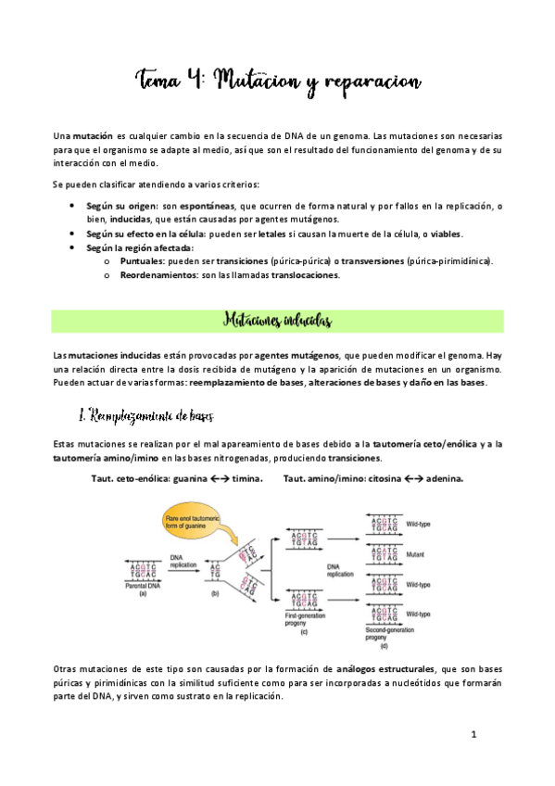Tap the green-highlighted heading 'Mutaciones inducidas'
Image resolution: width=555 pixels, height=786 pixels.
pos(277,321)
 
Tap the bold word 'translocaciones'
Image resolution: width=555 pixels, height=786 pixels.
pos(298,275)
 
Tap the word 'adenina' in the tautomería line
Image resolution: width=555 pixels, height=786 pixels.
pos(440,478)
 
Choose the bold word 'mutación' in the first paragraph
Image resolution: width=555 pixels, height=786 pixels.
pos(94,136)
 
